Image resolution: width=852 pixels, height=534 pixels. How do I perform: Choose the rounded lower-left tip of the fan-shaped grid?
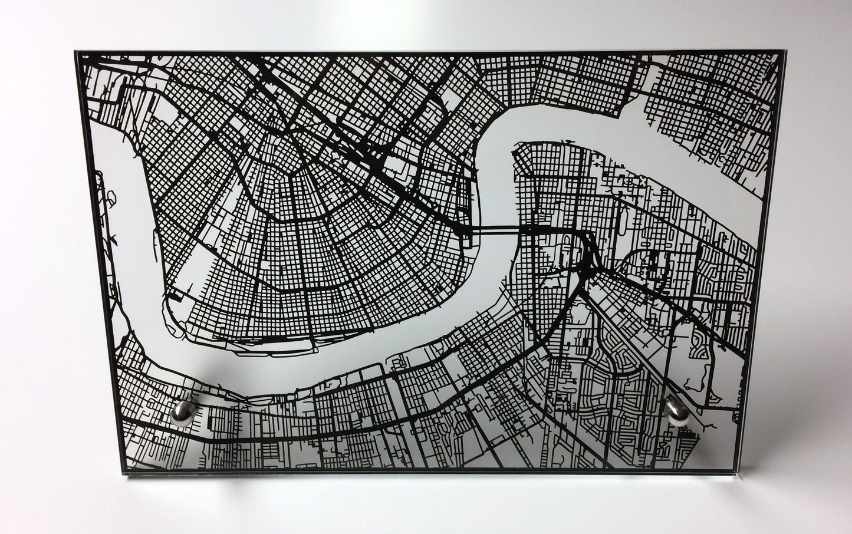point(177,306)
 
